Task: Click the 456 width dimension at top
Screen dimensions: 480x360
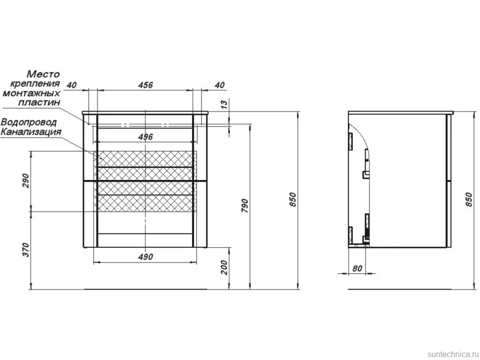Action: (145, 85)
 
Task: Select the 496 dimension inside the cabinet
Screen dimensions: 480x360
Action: (145, 136)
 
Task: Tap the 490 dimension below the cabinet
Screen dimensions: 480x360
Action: (145, 257)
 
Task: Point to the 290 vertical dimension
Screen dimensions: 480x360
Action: (26, 180)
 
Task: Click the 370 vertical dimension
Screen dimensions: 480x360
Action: (26, 250)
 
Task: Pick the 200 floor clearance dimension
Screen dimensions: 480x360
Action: (224, 268)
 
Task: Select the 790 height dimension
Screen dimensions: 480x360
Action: (244, 206)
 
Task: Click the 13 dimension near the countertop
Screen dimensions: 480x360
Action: (224, 104)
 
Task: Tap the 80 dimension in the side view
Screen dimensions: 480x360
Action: (357, 268)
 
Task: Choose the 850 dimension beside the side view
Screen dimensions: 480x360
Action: (469, 199)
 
